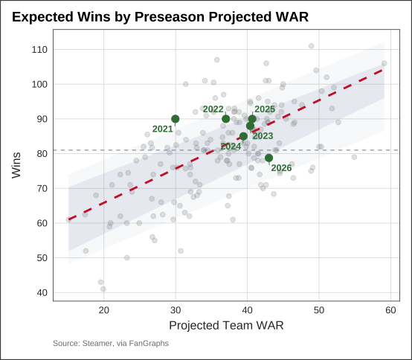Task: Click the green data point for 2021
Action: click(176, 119)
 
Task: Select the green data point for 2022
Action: click(225, 119)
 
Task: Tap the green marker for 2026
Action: click(268, 158)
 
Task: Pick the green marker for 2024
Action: click(244, 136)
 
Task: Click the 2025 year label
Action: click(265, 109)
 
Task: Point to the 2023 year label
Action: click(263, 136)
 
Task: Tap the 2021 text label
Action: click(163, 129)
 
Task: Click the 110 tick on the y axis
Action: click(39, 50)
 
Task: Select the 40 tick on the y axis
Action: click(42, 293)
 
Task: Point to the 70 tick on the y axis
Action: click(42, 188)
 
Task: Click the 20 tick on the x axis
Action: click(104, 310)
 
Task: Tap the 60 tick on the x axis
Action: click(390, 310)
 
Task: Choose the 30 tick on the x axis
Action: click(176, 310)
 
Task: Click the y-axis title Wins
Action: click(16, 165)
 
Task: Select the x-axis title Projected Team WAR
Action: click(226, 326)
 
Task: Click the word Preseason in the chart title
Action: click(170, 17)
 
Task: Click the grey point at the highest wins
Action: click(312, 46)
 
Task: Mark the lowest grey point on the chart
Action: click(103, 289)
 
